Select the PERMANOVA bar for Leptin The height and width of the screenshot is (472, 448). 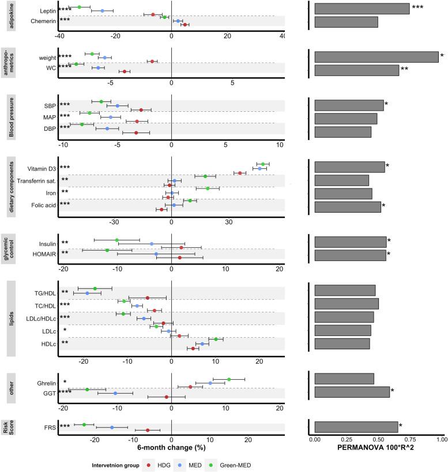click(362, 9)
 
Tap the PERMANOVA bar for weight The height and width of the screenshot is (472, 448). click(376, 56)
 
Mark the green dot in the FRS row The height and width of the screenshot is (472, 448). click(84, 425)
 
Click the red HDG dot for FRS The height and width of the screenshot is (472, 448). click(148, 430)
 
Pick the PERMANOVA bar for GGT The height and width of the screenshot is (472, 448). click(352, 392)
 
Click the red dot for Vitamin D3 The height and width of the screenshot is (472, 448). click(240, 173)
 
